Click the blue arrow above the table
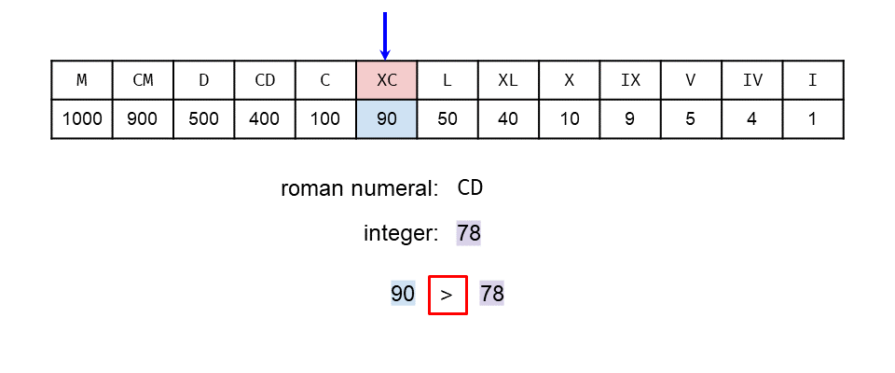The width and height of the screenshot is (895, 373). click(x=385, y=35)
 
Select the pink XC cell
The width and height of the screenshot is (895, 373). click(x=387, y=80)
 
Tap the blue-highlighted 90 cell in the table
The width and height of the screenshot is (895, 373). click(x=387, y=119)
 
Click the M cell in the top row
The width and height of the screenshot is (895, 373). click(x=82, y=80)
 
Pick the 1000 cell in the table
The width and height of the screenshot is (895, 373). click(x=82, y=119)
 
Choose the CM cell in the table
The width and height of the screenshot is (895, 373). click(x=143, y=80)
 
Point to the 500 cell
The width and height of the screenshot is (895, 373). click(x=204, y=119)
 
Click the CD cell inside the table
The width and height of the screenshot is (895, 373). click(x=265, y=80)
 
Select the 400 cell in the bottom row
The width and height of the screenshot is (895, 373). click(x=265, y=119)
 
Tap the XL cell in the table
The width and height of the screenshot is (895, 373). click(x=508, y=80)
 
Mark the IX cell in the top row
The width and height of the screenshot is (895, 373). click(x=630, y=80)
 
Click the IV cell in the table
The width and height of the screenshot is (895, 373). click(x=752, y=80)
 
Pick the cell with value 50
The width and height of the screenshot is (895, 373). click(x=447, y=119)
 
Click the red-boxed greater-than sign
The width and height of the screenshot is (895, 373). click(x=447, y=295)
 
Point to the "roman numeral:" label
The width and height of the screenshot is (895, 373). click(x=359, y=188)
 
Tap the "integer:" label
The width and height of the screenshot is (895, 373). click(x=401, y=233)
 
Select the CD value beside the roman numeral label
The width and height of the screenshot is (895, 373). click(x=470, y=188)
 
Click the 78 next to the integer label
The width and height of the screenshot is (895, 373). click(x=469, y=233)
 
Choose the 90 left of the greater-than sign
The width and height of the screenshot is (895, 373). click(x=403, y=295)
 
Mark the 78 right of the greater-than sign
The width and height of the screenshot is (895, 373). click(x=492, y=295)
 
